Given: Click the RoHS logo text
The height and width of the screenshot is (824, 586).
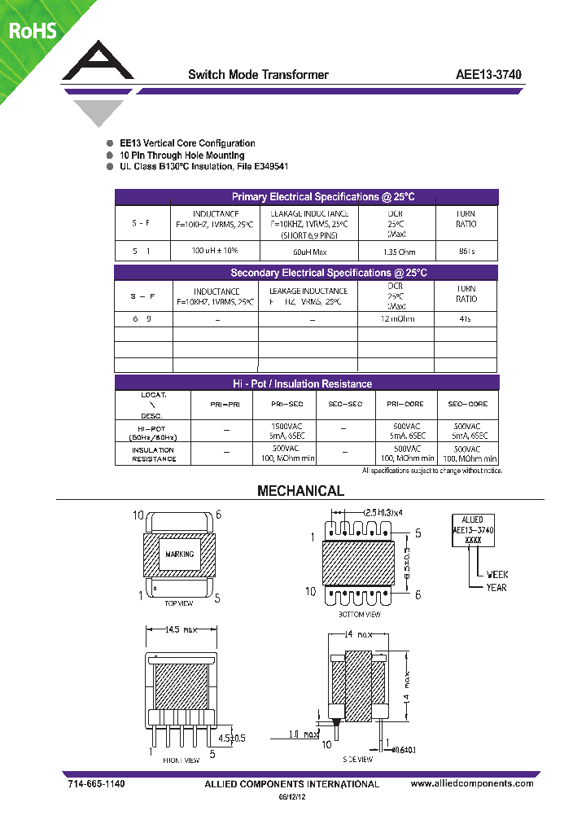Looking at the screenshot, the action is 33,31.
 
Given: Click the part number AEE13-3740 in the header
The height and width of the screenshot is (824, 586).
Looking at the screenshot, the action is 488,75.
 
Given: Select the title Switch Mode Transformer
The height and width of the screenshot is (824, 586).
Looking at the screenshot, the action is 258,75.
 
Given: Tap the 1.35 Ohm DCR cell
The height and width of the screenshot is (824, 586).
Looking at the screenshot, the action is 396,252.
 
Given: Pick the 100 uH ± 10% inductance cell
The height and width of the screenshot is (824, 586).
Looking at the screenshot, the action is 215,251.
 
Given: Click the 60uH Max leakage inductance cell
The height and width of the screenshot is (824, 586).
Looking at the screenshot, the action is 308,252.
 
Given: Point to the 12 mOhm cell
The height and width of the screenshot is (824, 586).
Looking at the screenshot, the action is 396,318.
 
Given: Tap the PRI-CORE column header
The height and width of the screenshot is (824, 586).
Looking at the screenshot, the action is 404,404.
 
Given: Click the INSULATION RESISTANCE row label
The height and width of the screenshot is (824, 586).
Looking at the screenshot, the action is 154,454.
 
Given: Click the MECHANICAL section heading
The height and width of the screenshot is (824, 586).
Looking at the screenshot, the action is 300,491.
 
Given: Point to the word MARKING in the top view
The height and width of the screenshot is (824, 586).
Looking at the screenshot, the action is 180,554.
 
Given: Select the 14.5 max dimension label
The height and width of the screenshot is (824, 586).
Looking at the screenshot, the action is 181,629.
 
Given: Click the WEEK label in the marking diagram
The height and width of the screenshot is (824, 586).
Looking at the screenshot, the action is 496,574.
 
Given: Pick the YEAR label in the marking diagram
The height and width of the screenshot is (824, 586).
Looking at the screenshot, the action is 496,587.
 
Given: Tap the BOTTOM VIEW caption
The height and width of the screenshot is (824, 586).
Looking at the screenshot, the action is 359,614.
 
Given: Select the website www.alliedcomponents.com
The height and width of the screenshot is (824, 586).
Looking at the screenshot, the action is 472,783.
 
